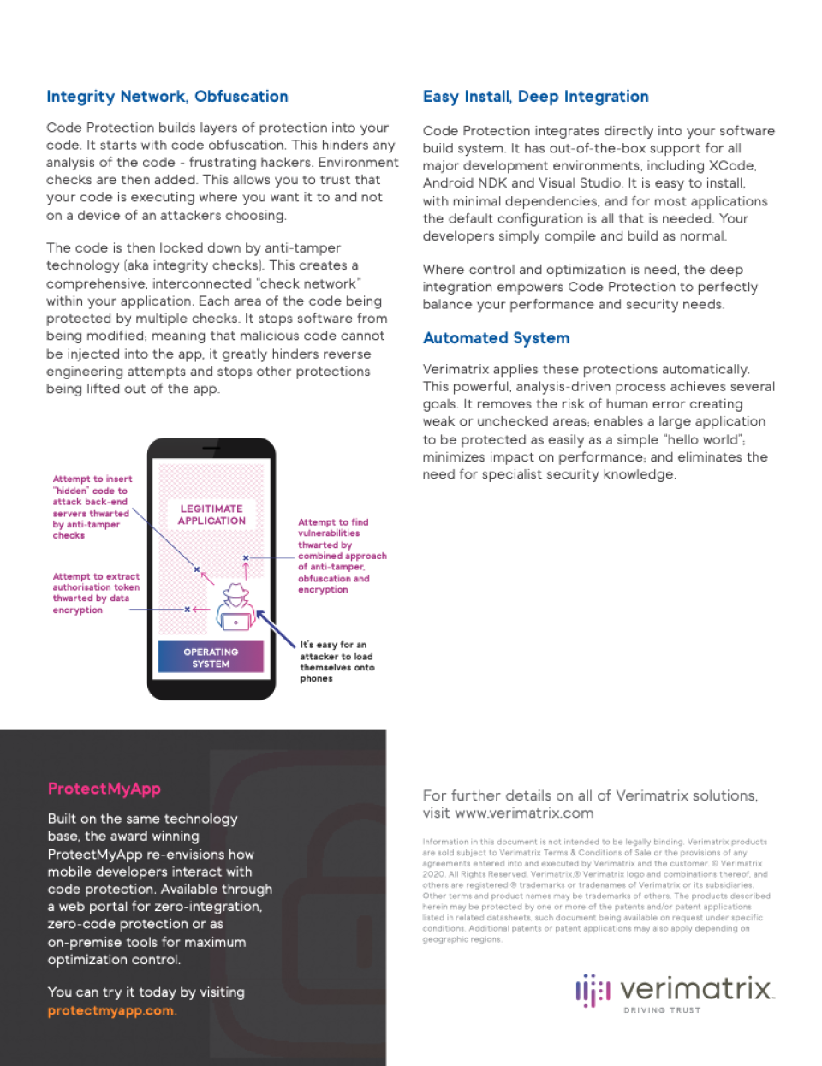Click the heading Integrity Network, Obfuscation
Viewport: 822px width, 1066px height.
click(x=167, y=97)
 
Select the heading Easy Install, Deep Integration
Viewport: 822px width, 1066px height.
click(x=535, y=97)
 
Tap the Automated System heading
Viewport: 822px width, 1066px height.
click(x=496, y=338)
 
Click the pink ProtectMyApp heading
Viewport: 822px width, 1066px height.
click(x=104, y=789)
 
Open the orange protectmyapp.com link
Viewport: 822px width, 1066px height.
click(x=111, y=1010)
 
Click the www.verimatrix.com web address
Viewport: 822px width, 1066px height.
click(x=524, y=813)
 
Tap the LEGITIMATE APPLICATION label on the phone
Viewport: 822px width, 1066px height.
click(x=211, y=515)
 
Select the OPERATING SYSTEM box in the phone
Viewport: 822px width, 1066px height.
click(x=211, y=658)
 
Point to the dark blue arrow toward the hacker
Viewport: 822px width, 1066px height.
click(x=275, y=628)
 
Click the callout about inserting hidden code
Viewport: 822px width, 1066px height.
click(x=91, y=507)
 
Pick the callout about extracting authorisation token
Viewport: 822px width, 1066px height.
click(x=95, y=593)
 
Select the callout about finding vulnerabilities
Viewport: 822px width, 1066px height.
click(x=342, y=556)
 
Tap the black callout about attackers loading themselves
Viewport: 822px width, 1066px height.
click(x=337, y=661)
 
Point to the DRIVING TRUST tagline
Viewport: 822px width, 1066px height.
click(x=662, y=1010)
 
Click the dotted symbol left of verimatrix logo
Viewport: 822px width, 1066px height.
click(x=593, y=990)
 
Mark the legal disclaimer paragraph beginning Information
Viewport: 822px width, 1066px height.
click(x=595, y=890)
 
